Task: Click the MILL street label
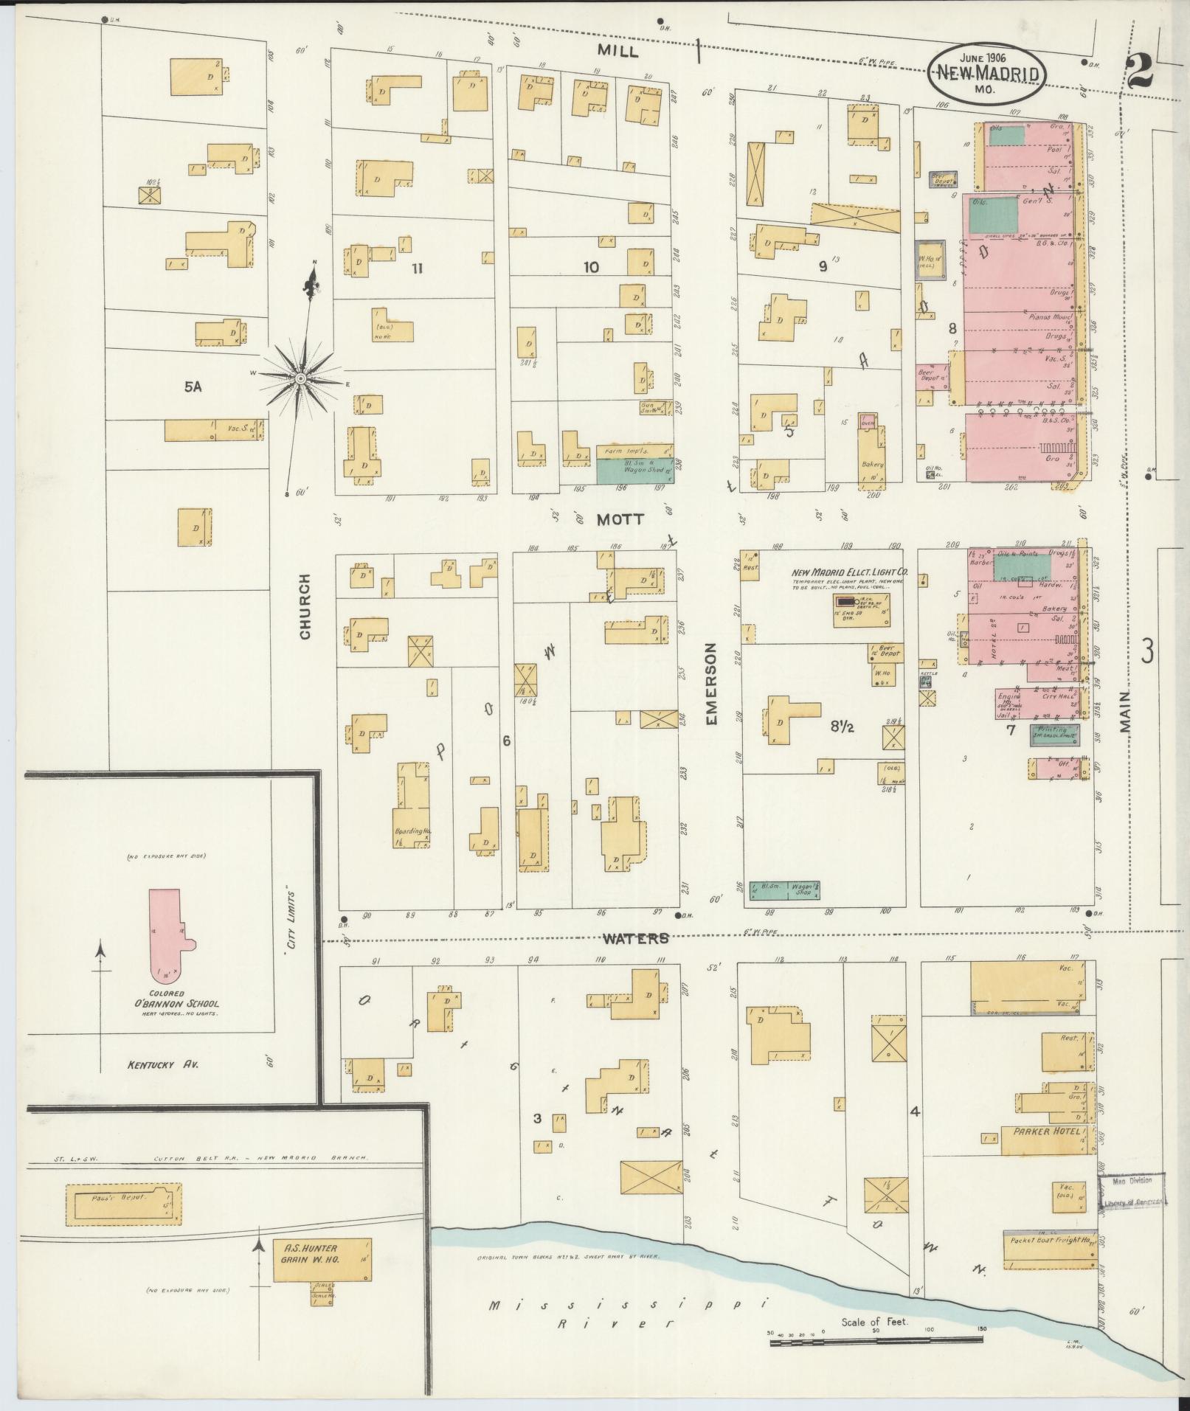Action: point(618,51)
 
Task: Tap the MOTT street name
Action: point(620,519)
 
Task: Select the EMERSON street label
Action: point(711,684)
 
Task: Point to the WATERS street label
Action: point(635,938)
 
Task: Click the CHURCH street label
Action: point(305,607)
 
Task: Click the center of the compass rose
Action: point(300,378)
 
